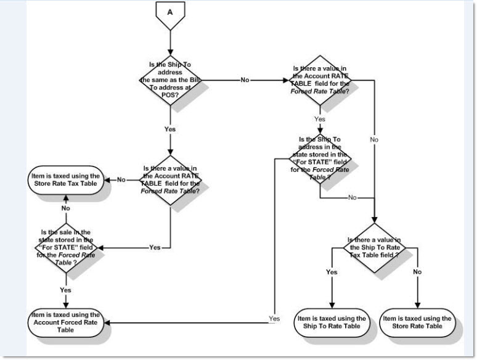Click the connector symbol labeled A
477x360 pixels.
(x=169, y=13)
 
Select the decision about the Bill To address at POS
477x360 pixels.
(x=169, y=80)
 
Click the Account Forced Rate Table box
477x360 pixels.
(x=66, y=322)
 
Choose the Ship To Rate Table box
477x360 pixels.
(x=331, y=322)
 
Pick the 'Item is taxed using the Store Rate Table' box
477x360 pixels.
(x=417, y=322)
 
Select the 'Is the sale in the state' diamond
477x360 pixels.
(x=65, y=247)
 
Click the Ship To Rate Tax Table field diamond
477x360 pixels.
(x=374, y=247)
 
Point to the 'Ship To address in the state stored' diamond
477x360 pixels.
(x=320, y=159)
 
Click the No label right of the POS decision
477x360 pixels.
(x=245, y=80)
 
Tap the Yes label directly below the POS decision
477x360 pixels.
(x=169, y=129)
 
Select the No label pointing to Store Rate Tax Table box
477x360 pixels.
(x=121, y=180)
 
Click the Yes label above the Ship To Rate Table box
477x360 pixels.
(x=332, y=272)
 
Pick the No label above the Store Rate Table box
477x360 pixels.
(x=417, y=272)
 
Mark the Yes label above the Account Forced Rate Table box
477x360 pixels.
(x=65, y=290)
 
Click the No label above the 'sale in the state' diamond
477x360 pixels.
(x=65, y=209)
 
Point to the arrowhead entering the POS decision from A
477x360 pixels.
(x=169, y=53)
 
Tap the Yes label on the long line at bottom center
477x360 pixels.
(x=274, y=319)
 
